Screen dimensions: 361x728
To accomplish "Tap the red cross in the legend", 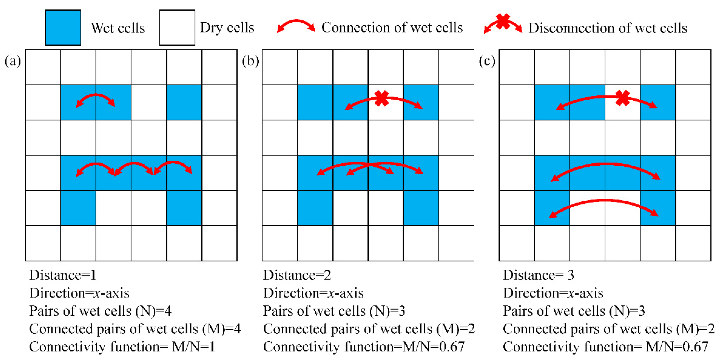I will coord(503,21).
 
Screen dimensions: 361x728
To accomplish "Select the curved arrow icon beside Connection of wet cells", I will coord(296,25).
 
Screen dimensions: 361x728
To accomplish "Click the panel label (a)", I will coord(13,61).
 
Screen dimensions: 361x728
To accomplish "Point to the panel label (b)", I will coord(250,61).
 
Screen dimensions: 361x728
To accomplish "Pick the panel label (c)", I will coord(487,61).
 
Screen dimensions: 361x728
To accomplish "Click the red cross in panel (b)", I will coord(382,98).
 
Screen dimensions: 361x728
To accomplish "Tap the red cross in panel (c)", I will coord(622,98).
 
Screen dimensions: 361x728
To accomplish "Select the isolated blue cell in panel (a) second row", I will coord(184,102).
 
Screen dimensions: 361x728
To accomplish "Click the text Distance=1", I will coord(63,275).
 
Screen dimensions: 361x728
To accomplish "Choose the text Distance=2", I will coord(297,275).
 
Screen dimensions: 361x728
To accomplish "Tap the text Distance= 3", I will coord(538,275).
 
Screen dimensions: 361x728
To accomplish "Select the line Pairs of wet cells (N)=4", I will coord(100,311).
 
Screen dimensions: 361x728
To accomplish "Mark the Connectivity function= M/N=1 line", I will coord(122,347).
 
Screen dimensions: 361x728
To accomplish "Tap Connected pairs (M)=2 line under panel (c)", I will coord(608,329).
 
